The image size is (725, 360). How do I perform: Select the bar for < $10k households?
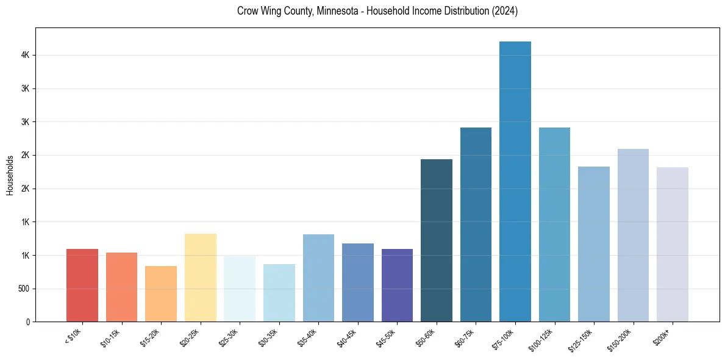click(82, 285)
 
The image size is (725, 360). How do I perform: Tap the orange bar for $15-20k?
click(161, 293)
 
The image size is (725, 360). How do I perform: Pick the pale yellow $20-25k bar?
click(200, 278)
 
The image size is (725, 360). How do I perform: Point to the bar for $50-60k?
click(437, 240)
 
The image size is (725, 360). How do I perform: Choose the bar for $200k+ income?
click(672, 244)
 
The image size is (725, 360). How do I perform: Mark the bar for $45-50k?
click(397, 285)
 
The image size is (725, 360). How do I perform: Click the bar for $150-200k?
click(633, 235)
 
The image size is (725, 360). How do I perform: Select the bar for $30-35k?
click(279, 293)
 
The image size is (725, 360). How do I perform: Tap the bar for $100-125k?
click(554, 225)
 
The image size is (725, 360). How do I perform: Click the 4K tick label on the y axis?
click(24, 55)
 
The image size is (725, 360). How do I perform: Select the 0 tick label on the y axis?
click(27, 322)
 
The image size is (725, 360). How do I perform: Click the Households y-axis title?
click(10, 175)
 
